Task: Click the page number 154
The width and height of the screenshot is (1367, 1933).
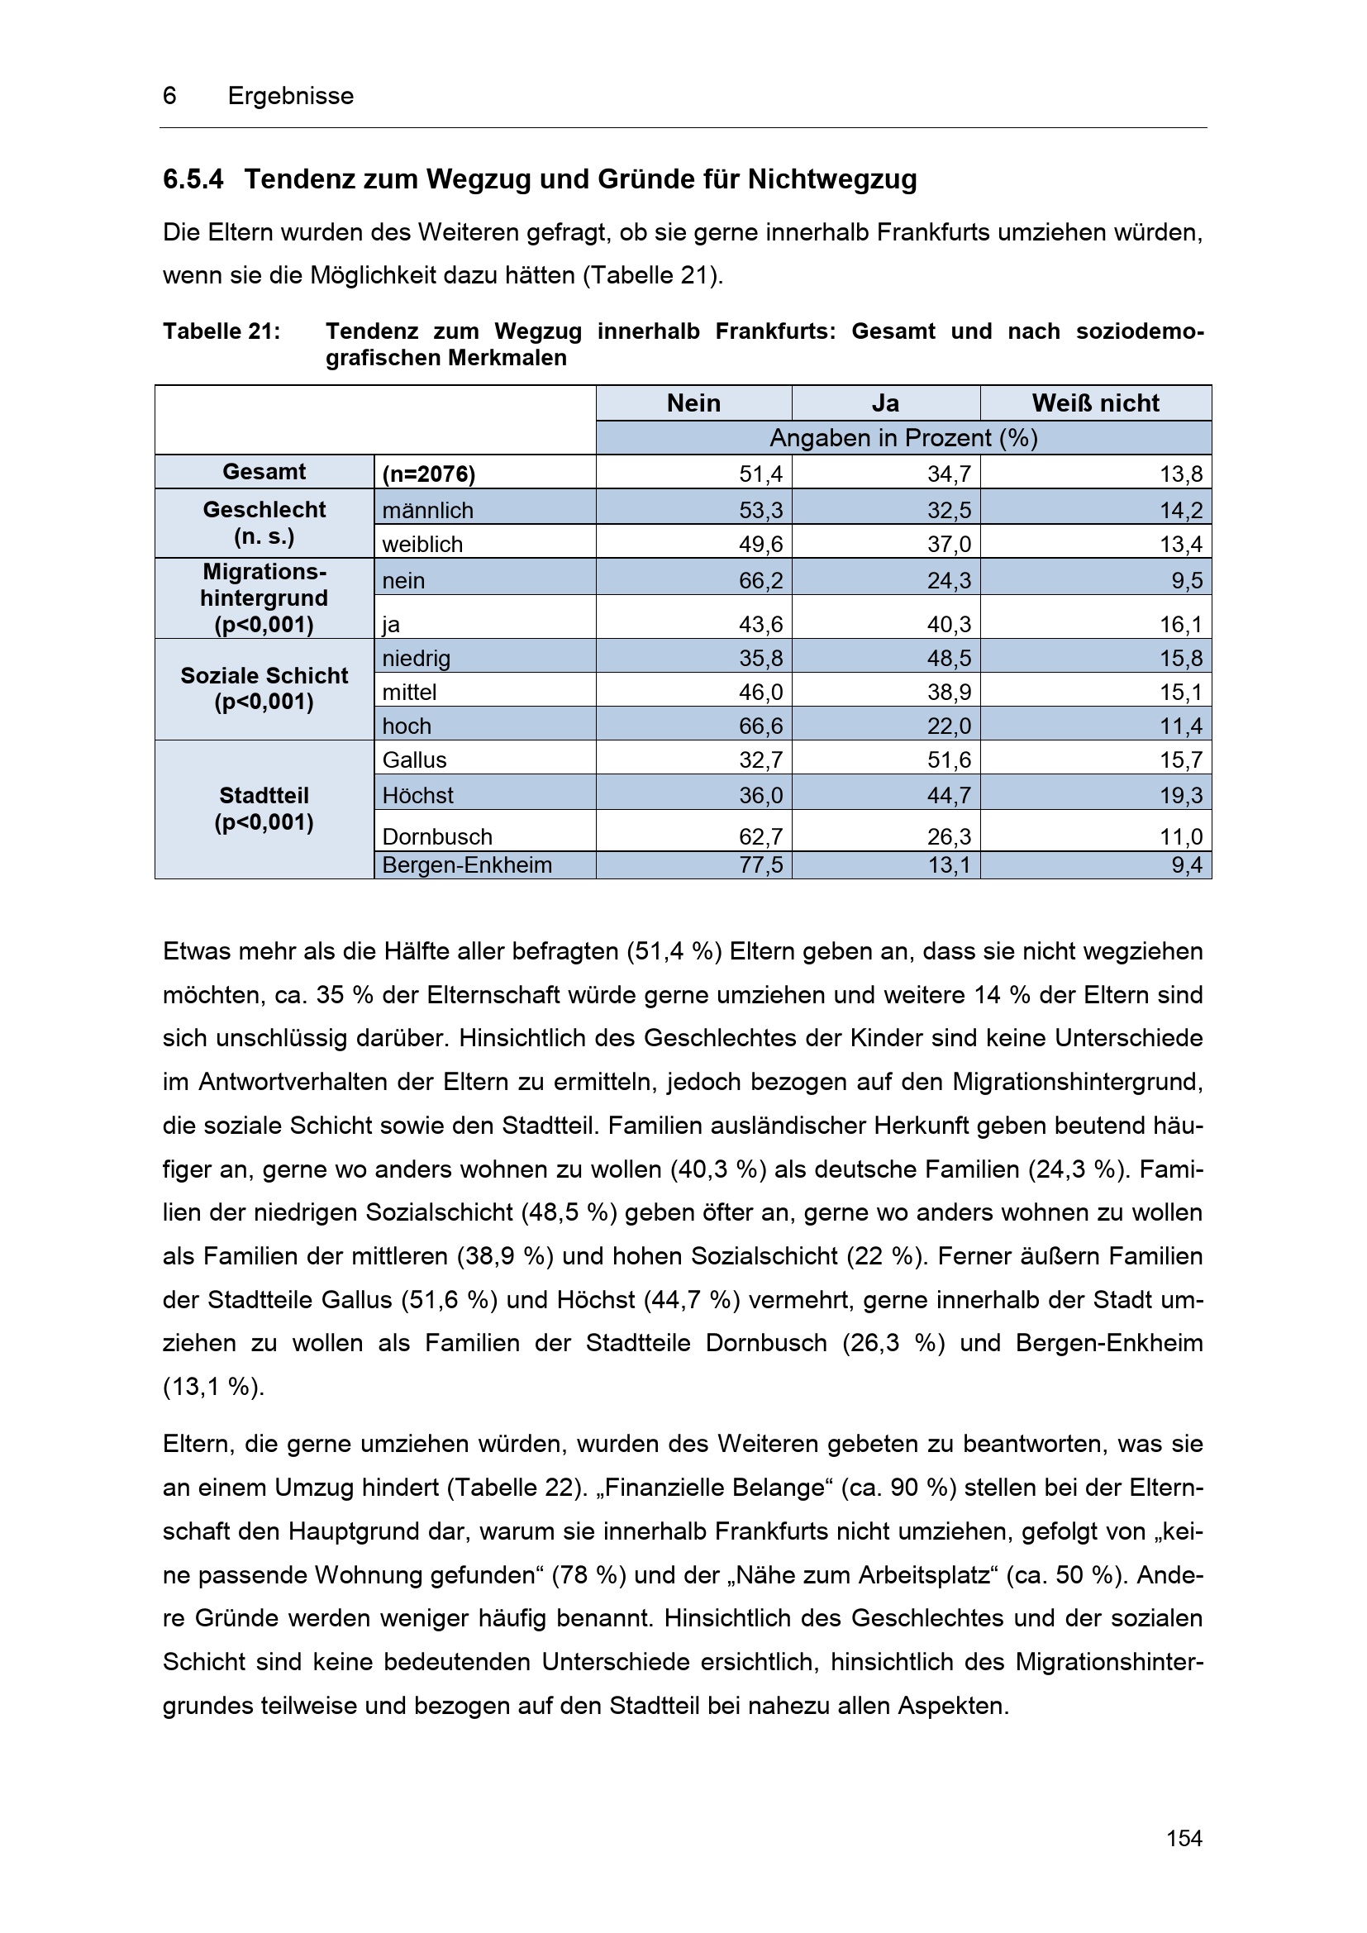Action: point(1184,1838)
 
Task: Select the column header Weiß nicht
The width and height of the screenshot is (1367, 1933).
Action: point(1095,403)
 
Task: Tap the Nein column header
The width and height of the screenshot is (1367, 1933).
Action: point(693,403)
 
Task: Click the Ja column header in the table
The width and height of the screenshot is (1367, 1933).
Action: point(885,403)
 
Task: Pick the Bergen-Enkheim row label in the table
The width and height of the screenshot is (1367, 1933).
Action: point(467,865)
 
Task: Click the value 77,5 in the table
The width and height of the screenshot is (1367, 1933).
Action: point(760,865)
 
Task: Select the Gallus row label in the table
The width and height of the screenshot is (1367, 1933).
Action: point(414,760)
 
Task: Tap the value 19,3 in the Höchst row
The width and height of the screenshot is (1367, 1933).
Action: point(1180,796)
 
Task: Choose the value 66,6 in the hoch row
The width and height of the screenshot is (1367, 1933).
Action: point(760,726)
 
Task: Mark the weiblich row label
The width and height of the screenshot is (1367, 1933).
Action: point(422,545)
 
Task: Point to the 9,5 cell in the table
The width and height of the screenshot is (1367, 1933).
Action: point(1186,581)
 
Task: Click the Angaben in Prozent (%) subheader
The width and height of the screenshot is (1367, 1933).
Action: point(903,438)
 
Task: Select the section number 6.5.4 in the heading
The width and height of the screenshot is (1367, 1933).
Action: point(193,179)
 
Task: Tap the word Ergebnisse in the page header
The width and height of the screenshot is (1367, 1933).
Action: point(290,96)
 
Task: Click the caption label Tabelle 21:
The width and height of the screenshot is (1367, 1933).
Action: point(221,331)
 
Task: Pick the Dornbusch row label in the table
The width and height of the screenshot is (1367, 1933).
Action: point(437,837)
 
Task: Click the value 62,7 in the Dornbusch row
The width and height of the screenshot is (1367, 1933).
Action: point(760,837)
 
